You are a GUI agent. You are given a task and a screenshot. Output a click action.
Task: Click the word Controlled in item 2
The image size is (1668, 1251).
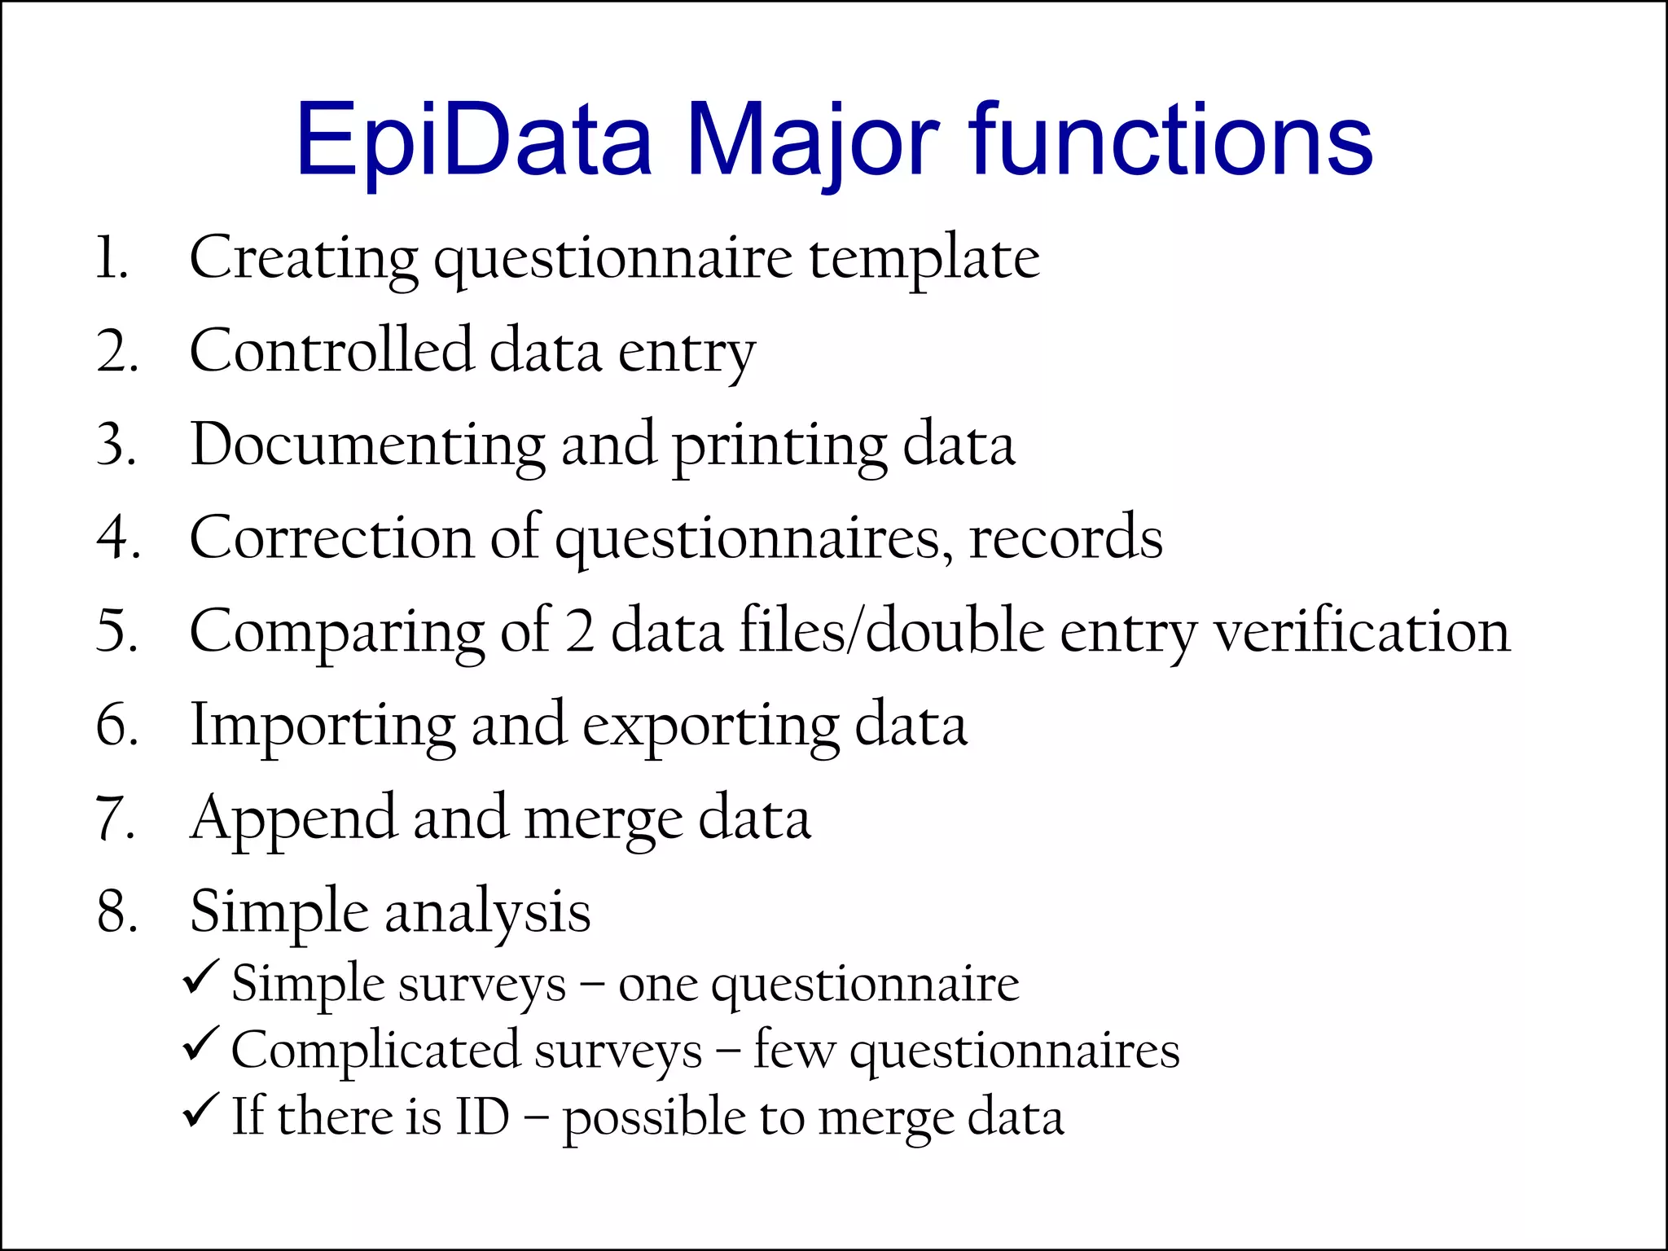[x=331, y=352]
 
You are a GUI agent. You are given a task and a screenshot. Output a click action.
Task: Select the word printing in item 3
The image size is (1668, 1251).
[x=779, y=446]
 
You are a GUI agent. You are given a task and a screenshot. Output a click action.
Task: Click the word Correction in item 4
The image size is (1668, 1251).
[x=331, y=538]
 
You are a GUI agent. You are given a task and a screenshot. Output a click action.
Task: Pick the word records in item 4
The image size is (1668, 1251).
[x=1065, y=538]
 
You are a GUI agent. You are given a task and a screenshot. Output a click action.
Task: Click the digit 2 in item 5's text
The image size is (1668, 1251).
[x=579, y=632]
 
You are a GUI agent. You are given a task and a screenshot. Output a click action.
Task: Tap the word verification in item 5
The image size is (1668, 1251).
[x=1362, y=632]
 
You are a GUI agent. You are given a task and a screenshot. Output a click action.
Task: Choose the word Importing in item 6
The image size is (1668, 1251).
[x=323, y=726]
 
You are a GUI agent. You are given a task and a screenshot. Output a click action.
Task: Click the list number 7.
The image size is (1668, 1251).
[x=115, y=819]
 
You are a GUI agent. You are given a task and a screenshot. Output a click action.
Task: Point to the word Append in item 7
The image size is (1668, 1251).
[x=292, y=819]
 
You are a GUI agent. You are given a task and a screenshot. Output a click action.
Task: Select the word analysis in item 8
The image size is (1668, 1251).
[x=487, y=912]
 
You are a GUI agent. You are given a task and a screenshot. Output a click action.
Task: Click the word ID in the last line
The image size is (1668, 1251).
[x=482, y=1117]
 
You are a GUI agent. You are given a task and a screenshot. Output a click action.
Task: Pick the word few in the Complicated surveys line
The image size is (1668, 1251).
[x=793, y=1050]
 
